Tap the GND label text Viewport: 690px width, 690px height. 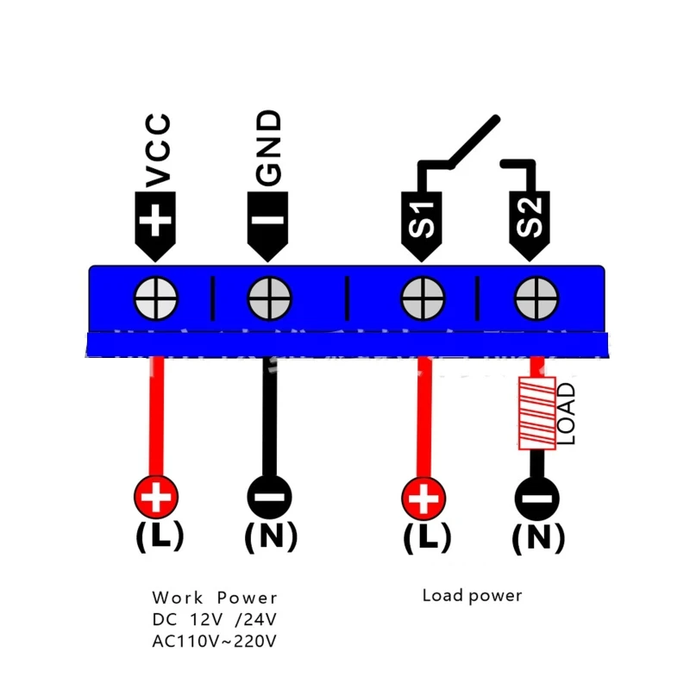pos(269,147)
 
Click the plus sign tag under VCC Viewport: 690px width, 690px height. pos(156,222)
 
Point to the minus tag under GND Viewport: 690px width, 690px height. pos(269,223)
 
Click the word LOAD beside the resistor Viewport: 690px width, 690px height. pos(566,414)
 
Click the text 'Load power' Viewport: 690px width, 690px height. pos(472,595)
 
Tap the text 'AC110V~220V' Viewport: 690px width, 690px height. pos(215,641)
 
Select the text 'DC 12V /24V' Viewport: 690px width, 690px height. pos(215,619)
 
